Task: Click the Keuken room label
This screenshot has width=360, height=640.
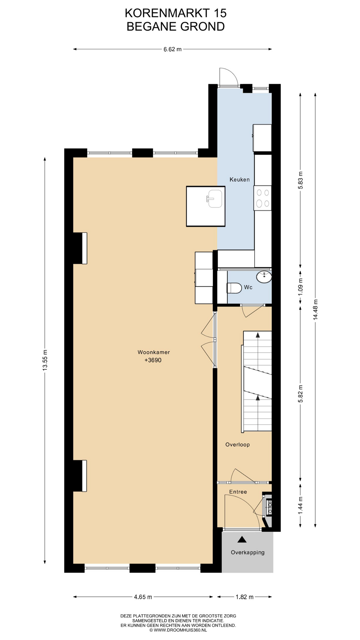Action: coord(239,180)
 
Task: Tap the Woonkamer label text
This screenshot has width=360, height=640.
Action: coord(154,352)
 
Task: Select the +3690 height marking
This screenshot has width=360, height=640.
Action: coord(153,360)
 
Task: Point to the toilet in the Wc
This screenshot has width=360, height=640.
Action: coord(234,288)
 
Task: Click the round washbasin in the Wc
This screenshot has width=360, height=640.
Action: coord(264,276)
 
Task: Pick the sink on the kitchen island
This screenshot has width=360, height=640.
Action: coord(215,199)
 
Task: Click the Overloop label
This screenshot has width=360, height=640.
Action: coord(237,444)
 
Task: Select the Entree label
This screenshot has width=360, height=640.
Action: coord(238,492)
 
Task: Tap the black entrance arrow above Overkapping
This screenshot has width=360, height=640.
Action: coord(242,539)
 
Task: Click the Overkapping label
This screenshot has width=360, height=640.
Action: coord(248,552)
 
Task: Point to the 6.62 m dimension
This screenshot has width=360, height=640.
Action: coord(172,49)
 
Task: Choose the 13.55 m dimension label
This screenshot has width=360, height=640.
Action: coord(45,360)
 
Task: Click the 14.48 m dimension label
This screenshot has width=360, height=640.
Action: coord(315,310)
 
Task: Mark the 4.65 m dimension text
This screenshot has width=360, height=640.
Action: coord(143,597)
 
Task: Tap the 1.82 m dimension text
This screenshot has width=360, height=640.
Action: coord(245,597)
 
